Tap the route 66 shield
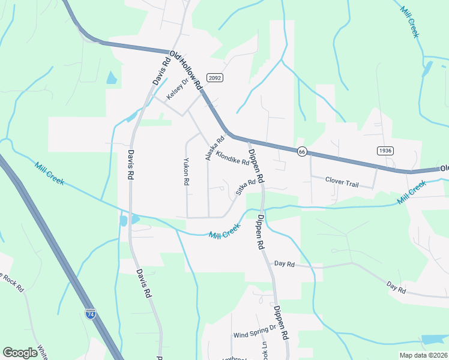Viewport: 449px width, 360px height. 302,152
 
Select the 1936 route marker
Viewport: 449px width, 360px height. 385,150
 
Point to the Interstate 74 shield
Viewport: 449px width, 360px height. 90,314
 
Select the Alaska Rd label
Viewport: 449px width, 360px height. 214,148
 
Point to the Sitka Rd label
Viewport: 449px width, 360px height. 246,188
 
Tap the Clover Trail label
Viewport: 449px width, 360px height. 342,182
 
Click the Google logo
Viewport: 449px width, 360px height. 20,353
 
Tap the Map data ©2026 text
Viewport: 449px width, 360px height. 423,355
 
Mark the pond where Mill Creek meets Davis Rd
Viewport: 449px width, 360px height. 124,221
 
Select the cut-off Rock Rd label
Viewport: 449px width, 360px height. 12,283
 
